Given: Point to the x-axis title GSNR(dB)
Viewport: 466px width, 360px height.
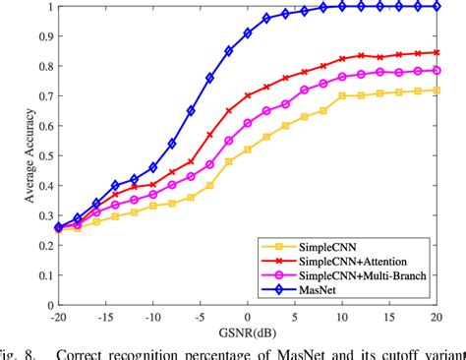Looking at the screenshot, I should (247, 331).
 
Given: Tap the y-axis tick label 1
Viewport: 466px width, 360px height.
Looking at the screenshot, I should (41, 7).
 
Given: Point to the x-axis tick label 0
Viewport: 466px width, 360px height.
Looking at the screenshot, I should (248, 315).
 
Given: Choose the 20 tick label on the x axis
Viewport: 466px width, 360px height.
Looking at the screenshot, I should (437, 315).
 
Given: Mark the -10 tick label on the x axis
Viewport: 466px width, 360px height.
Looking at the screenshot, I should (151, 315).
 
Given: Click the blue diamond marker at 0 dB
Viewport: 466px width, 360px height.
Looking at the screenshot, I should (248, 32).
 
